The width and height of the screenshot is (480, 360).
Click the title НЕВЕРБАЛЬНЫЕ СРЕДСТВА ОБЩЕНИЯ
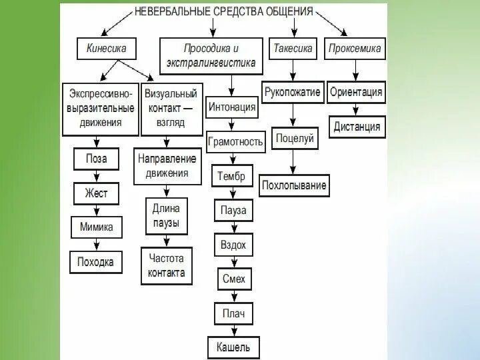click(x=223, y=11)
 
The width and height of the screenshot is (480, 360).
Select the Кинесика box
click(x=106, y=49)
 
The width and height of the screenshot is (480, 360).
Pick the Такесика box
click(x=293, y=49)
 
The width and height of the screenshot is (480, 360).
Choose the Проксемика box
click(x=355, y=49)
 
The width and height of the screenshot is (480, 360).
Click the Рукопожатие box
click(x=292, y=92)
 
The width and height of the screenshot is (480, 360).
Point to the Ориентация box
click(x=356, y=92)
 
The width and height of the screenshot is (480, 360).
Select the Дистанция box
click(x=357, y=126)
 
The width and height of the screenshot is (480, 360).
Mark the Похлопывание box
click(x=294, y=185)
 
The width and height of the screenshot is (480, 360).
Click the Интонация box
click(x=231, y=107)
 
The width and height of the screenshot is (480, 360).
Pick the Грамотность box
click(x=236, y=141)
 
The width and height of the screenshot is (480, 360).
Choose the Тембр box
click(x=231, y=177)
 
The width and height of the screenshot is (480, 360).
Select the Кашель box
click(x=233, y=347)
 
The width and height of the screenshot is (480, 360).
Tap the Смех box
click(x=233, y=279)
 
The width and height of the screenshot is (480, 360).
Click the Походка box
click(x=95, y=261)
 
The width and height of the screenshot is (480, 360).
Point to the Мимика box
click(x=96, y=227)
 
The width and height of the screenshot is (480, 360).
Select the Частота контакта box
click(x=167, y=265)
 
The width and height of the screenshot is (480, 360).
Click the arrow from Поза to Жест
click(x=96, y=176)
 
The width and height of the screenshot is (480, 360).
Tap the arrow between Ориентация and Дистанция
click(x=356, y=109)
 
